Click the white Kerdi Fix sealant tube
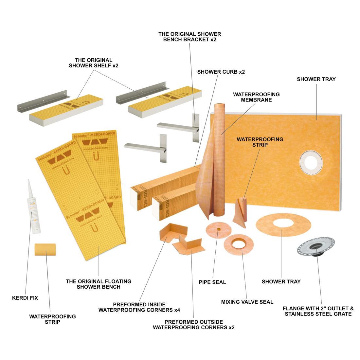click(x=33, y=209)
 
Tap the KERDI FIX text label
click(x=25, y=298)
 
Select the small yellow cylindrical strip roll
click(x=45, y=250)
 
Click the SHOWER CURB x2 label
click(x=221, y=72)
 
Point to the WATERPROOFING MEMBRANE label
click(x=256, y=97)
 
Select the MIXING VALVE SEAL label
click(x=247, y=302)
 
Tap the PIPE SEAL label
click(x=212, y=282)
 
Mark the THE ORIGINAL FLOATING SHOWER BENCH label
click(x=99, y=284)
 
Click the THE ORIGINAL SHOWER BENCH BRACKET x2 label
click(x=189, y=37)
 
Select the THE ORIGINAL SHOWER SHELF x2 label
click(x=93, y=63)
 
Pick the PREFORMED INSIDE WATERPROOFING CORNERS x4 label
click(x=139, y=307)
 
